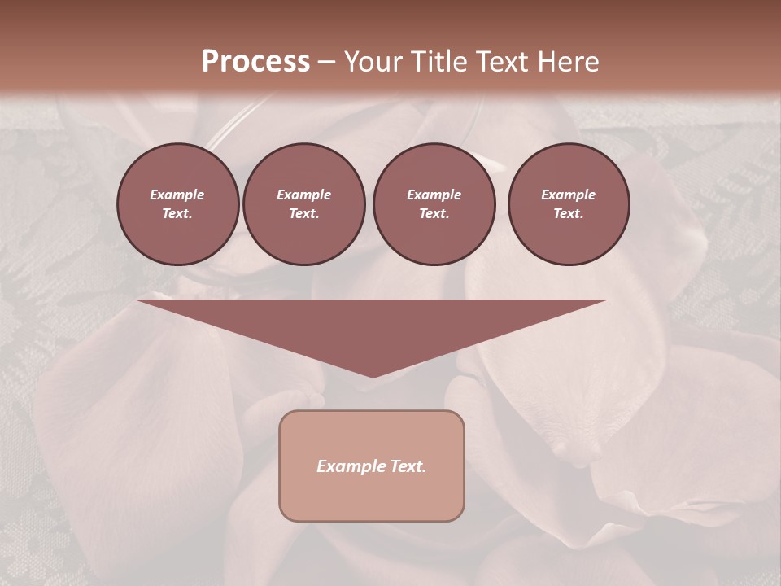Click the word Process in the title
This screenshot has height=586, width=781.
(255, 62)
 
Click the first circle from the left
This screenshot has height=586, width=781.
(177, 203)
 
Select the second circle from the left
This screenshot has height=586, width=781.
(303, 203)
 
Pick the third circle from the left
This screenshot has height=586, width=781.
(434, 203)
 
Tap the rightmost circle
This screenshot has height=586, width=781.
(569, 203)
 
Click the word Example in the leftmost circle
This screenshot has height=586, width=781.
(177, 195)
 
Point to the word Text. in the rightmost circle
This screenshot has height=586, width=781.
(569, 213)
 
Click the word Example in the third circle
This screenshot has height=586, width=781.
(434, 195)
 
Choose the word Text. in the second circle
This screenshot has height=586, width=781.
(303, 213)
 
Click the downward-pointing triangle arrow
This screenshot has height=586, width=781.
(372, 326)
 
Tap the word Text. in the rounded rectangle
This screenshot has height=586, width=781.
(409, 466)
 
